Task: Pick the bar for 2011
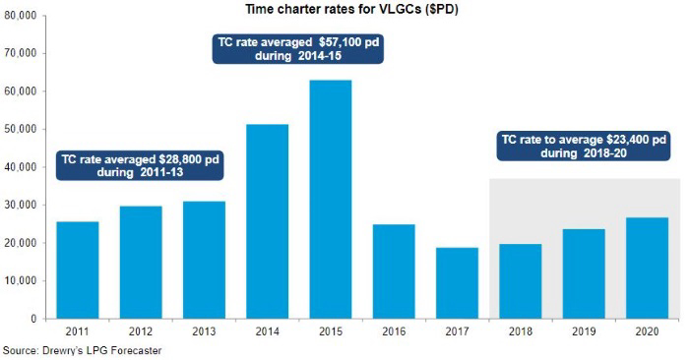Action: (78, 270)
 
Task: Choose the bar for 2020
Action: (647, 268)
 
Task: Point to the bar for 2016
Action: (394, 271)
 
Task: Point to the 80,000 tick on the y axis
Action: (20, 16)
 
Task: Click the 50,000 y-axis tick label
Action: (20, 129)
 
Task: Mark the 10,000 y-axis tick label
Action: (20, 281)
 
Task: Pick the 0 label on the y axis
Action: (32, 319)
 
